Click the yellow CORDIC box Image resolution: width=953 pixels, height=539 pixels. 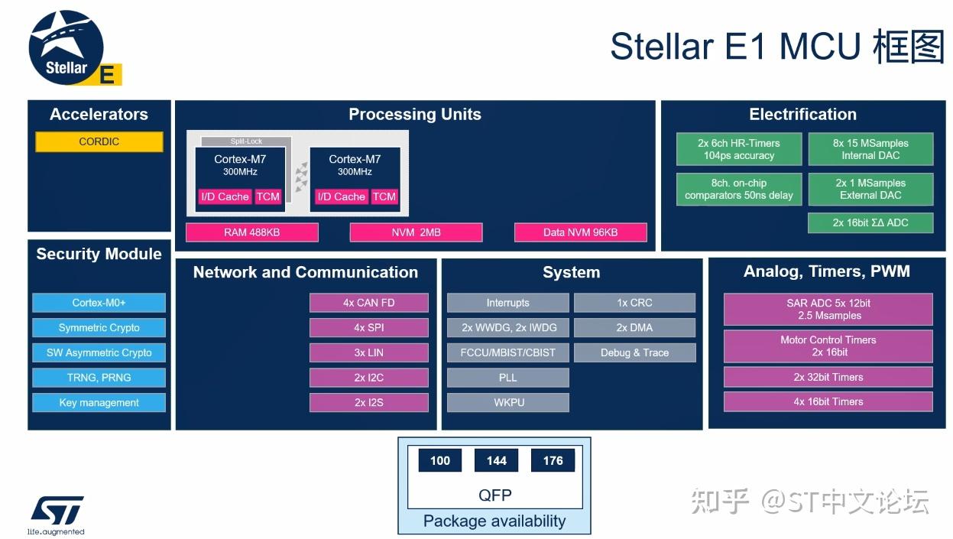[99, 141]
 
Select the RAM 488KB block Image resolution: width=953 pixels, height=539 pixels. [251, 232]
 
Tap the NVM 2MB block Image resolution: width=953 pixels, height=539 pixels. [416, 232]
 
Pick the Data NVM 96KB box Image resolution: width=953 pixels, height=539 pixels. [580, 232]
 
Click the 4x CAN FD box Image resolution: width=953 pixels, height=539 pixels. [368, 303]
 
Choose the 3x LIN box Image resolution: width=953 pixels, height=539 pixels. [368, 352]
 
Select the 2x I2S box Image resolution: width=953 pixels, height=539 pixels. [368, 402]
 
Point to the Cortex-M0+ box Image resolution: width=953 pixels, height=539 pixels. [99, 303]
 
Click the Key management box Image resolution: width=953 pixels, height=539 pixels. [99, 403]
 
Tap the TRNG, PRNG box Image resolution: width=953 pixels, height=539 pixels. [99, 378]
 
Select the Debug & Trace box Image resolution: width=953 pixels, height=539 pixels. [634, 352]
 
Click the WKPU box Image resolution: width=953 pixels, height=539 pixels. [508, 402]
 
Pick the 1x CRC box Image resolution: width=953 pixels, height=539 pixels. [634, 303]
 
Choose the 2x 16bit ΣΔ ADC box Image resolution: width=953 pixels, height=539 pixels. [870, 223]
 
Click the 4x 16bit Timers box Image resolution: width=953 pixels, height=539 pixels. [828, 401]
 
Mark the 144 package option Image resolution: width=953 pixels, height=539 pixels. [496, 460]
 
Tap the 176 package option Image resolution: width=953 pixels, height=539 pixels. [553, 460]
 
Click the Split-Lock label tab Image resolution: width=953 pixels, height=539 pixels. [246, 141]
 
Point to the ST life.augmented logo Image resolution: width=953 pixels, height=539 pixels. [57, 515]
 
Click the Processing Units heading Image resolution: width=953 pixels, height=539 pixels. [415, 115]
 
